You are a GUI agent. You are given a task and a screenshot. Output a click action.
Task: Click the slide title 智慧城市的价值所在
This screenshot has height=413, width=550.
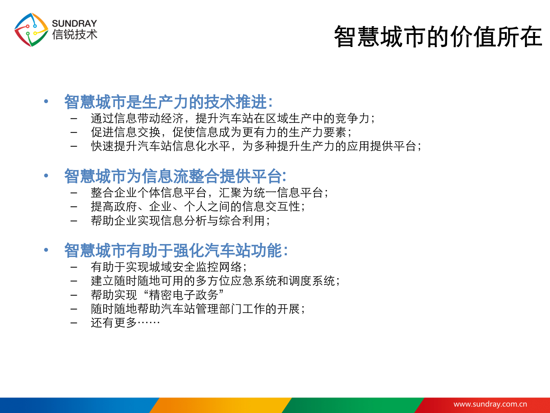tap(438, 37)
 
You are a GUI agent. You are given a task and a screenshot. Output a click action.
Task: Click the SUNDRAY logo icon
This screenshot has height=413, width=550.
tap(31, 30)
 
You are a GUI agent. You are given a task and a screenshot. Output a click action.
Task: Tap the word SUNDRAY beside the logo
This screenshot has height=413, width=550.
tap(75, 23)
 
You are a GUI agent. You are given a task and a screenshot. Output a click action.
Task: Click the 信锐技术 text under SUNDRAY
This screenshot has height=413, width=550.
tap(75, 35)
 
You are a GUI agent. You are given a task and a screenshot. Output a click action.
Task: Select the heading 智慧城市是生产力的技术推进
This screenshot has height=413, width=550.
tap(168, 102)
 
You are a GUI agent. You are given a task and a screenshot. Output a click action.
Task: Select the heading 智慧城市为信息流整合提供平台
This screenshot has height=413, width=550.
tap(175, 176)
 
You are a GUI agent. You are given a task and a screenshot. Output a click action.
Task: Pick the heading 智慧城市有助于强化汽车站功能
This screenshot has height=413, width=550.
tap(176, 251)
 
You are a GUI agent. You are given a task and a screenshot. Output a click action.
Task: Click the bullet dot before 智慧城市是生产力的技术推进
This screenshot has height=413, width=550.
tap(46, 101)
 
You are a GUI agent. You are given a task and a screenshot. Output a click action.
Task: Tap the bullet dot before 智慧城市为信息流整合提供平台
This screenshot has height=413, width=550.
tap(46, 176)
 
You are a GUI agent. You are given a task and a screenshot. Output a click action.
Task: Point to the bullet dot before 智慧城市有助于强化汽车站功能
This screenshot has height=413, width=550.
tap(46, 250)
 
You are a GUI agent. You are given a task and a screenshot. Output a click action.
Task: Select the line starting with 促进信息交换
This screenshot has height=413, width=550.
tap(221, 132)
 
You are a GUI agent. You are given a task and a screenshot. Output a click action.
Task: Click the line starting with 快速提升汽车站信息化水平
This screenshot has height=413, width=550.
tap(256, 146)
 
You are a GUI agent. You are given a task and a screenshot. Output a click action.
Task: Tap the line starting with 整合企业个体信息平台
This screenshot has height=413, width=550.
tap(209, 193)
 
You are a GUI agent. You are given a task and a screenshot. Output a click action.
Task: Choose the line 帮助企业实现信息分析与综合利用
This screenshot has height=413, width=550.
tap(180, 221)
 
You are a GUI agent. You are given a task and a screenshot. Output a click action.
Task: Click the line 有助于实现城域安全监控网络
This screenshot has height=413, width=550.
tap(168, 267)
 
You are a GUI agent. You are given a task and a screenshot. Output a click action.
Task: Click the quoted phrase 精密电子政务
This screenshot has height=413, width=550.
tap(184, 295)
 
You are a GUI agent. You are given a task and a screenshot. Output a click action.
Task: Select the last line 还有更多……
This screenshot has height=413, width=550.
tap(125, 323)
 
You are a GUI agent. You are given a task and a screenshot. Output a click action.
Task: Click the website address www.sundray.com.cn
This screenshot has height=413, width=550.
tap(490, 404)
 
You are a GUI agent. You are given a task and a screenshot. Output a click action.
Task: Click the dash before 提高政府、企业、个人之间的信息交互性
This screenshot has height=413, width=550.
tap(74, 207)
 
